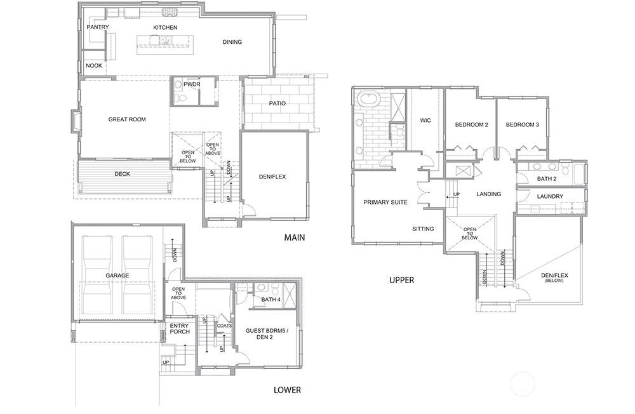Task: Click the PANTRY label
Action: (x=98, y=27)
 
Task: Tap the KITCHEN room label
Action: (x=165, y=27)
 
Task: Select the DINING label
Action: (x=232, y=42)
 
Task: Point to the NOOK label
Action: (x=94, y=65)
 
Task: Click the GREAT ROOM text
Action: (x=127, y=119)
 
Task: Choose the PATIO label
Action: (x=277, y=103)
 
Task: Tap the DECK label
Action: (x=123, y=174)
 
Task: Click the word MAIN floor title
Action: (x=295, y=237)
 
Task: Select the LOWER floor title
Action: (x=287, y=390)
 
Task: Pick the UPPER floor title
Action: (x=402, y=280)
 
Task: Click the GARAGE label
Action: (x=117, y=276)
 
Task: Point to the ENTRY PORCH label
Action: (x=180, y=328)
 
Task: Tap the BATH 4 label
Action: (x=271, y=300)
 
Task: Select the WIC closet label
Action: (x=425, y=120)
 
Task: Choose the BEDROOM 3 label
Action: (x=523, y=124)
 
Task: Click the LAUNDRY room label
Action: (x=550, y=196)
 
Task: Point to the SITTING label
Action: (x=423, y=229)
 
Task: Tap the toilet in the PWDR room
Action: (x=181, y=98)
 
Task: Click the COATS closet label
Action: (x=224, y=326)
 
